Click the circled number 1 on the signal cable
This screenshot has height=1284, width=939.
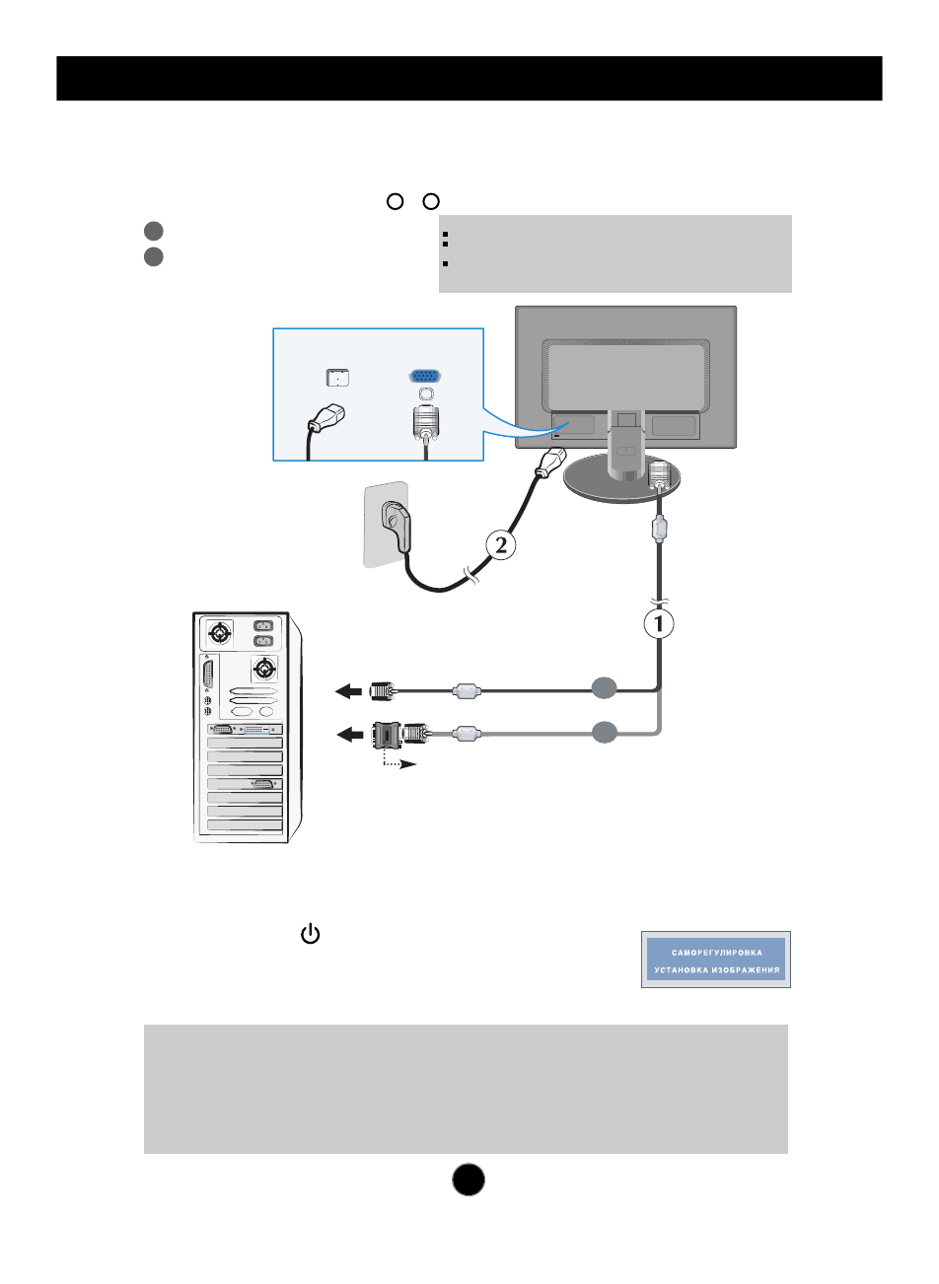tap(659, 623)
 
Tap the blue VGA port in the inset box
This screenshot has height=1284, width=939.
tap(425, 376)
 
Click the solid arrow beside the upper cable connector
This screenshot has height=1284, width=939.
tap(349, 692)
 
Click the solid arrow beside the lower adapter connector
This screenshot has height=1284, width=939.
tap(349, 734)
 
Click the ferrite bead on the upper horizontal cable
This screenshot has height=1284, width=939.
tap(467, 692)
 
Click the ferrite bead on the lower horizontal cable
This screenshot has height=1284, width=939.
tap(467, 734)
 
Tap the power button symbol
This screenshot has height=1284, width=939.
tap(311, 934)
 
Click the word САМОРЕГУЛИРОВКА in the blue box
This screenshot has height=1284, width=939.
tap(716, 953)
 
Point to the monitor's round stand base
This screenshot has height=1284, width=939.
tap(612, 484)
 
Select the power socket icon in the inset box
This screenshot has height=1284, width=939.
tap(337, 377)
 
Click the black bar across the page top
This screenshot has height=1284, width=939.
tap(469, 78)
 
